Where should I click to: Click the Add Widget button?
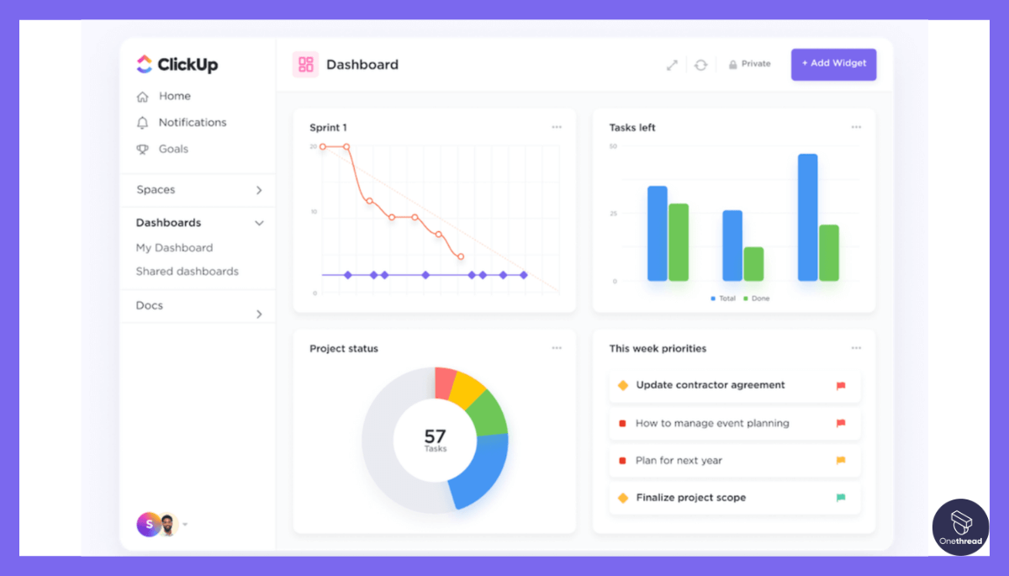point(833,64)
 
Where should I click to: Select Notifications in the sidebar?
point(193,123)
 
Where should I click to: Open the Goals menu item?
point(173,149)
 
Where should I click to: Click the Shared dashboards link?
point(187,272)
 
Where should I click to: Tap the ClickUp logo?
point(177,65)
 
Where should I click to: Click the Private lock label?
point(750,64)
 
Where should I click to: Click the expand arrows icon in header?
point(672,65)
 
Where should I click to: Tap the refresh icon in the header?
point(700,65)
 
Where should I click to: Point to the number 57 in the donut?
point(435,436)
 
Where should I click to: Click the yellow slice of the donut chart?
point(466,388)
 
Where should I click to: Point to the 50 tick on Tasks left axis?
point(613,146)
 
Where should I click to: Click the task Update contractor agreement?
point(710,385)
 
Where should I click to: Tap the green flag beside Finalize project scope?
point(841,498)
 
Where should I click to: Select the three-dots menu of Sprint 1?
point(557,127)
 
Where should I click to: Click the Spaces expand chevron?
point(259,190)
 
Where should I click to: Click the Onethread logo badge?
point(960,527)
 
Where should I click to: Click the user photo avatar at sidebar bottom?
point(168,525)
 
